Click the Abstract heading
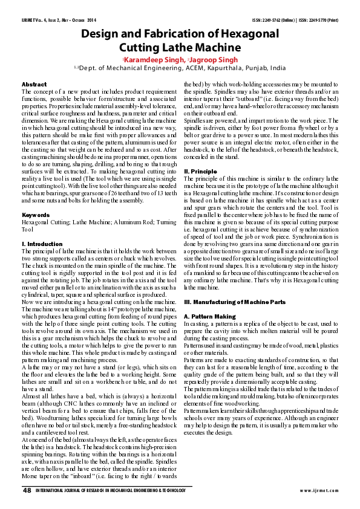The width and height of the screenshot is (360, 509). tap(34, 84)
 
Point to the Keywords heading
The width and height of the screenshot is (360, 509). tap(36, 215)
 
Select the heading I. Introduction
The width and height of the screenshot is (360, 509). tap(42, 244)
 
